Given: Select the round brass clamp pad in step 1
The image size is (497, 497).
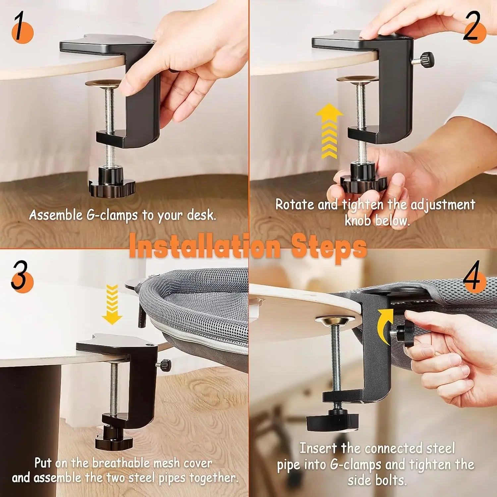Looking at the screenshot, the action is coord(103,83).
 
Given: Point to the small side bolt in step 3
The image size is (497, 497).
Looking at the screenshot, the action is coord(164,365).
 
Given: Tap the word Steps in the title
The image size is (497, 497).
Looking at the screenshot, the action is coord(329,248).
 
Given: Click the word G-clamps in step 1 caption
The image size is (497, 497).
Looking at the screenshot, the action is coord(112,215).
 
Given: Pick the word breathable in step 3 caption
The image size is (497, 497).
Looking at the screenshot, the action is coord(123,463).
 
